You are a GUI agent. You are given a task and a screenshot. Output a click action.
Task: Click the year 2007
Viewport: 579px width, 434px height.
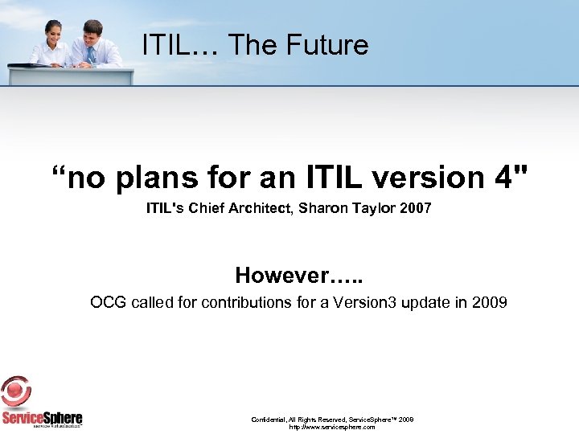(x=416, y=209)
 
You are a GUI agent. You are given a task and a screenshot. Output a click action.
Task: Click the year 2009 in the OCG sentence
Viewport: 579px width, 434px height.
(x=490, y=303)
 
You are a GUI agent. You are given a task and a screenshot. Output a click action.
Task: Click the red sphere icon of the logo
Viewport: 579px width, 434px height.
(x=16, y=393)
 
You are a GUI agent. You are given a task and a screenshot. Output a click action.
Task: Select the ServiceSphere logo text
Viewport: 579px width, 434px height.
(x=42, y=419)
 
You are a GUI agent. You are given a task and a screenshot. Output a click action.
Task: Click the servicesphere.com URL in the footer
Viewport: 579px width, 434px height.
(x=331, y=428)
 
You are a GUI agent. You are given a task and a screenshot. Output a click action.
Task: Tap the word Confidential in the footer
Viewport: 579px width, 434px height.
(x=271, y=420)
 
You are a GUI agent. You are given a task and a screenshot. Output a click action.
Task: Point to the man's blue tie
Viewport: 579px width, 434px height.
(x=92, y=54)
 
